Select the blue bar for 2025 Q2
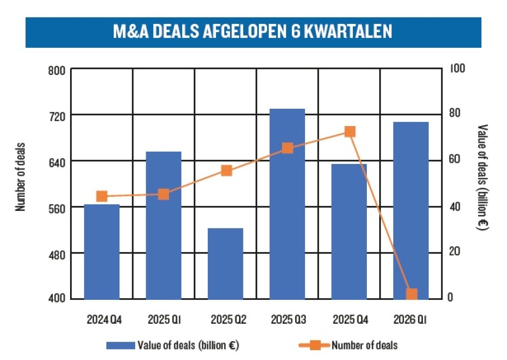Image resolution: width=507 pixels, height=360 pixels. tap(225, 264)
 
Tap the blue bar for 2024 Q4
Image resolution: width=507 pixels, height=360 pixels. tap(102, 252)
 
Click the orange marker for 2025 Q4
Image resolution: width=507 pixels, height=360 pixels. tap(350, 132)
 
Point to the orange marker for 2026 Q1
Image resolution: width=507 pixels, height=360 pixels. tap(412, 294)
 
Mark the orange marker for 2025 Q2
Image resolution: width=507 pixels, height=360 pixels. tap(226, 171)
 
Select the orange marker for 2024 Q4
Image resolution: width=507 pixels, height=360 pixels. tap(102, 196)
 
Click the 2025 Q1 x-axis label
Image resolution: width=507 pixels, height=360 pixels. tap(164, 320)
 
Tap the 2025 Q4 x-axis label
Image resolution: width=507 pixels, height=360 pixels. tap(350, 320)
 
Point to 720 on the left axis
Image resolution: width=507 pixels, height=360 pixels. tap(57, 116)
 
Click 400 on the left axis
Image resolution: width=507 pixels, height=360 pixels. tap(57, 298)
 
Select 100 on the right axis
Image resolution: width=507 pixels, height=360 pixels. tap(457, 68)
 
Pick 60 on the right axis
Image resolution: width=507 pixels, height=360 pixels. tap(455, 159)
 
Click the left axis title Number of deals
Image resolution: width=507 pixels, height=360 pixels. tap(20, 177)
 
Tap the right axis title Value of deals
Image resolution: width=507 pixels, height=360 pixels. tap(482, 177)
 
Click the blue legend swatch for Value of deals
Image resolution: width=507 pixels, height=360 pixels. tap(121, 346)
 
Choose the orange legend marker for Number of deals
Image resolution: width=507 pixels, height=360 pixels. tap(315, 345)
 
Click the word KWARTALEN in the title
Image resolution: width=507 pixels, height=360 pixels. tap(348, 31)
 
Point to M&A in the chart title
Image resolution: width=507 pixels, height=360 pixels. tap(131, 31)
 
